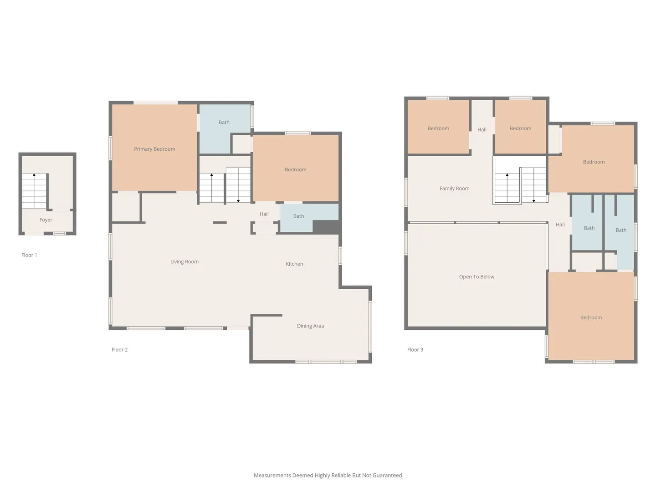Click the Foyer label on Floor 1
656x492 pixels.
[x=46, y=220]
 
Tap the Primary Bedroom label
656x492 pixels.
[x=154, y=149]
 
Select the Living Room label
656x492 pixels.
[x=184, y=261]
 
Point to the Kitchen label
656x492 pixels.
[x=294, y=264]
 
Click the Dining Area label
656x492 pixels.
[x=310, y=326]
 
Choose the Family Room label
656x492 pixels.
[x=454, y=189]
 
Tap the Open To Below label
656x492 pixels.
[x=477, y=277]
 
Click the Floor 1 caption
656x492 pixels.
[x=29, y=255]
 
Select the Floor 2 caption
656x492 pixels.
[x=119, y=349]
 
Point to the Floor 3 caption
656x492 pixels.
[x=415, y=349]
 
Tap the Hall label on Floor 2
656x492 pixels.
[x=264, y=214]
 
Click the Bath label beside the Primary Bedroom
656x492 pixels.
[x=224, y=123]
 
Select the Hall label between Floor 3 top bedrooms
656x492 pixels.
[x=482, y=130]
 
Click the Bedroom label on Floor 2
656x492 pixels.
[x=295, y=169]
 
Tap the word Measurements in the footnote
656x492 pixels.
[x=272, y=475]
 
